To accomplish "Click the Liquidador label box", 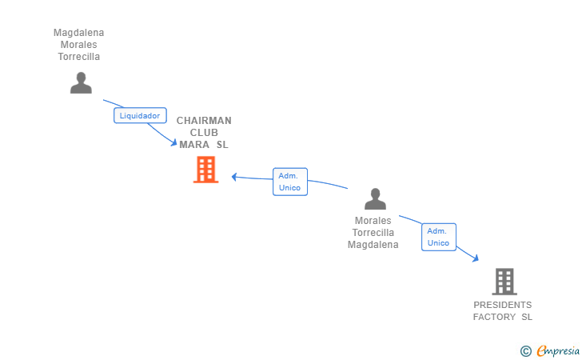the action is pyautogui.click(x=140, y=115).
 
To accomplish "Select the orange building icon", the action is pyautogui.click(x=206, y=170).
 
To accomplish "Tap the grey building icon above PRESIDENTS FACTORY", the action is pyautogui.click(x=504, y=282).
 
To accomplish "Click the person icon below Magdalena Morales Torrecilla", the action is pyautogui.click(x=81, y=83).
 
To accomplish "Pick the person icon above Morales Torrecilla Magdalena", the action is pyautogui.click(x=375, y=198).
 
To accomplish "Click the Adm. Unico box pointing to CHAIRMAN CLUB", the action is pyautogui.click(x=290, y=182).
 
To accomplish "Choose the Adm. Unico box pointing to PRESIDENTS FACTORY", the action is pyautogui.click(x=439, y=237).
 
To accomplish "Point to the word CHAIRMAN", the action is pyautogui.click(x=204, y=121).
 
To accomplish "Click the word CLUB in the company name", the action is pyautogui.click(x=204, y=133).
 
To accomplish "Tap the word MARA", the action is pyautogui.click(x=194, y=145).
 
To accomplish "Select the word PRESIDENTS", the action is pyautogui.click(x=503, y=305).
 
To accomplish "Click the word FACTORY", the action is pyautogui.click(x=494, y=317).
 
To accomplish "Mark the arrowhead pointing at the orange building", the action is pyautogui.click(x=234, y=177).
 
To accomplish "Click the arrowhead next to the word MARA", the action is pyautogui.click(x=174, y=142).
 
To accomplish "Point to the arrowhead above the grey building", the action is pyautogui.click(x=476, y=258).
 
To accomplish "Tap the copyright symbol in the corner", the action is pyautogui.click(x=525, y=351).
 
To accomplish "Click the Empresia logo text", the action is pyautogui.click(x=558, y=351).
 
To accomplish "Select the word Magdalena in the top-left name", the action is pyautogui.click(x=78, y=33).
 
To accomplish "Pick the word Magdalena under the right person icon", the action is pyautogui.click(x=373, y=245).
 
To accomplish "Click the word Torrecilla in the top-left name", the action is pyautogui.click(x=78, y=57).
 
